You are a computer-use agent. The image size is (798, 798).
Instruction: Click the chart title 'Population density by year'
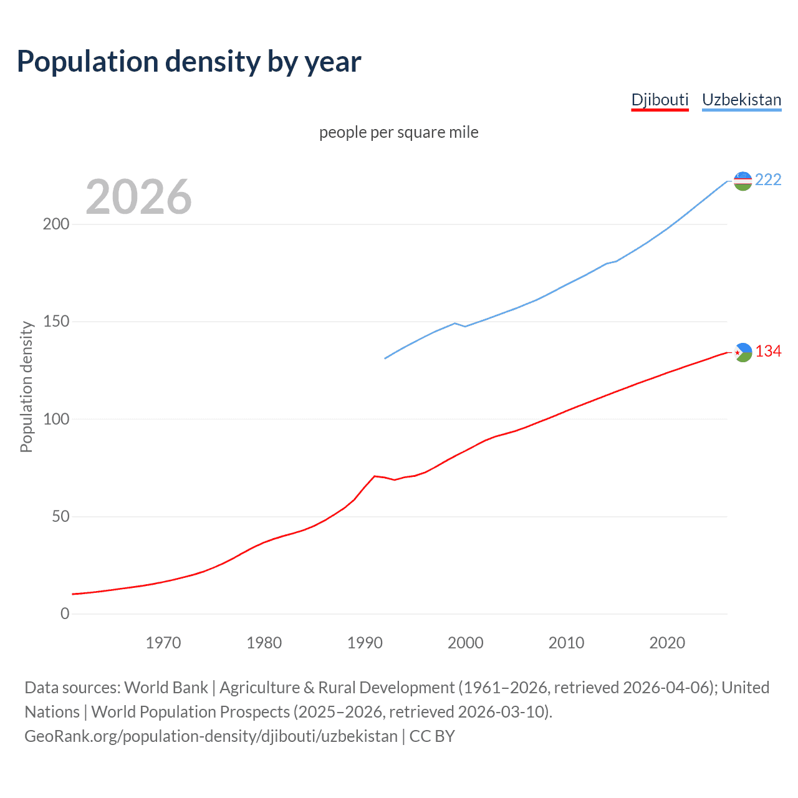click(189, 61)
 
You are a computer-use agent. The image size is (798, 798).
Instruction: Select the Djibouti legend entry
click(660, 100)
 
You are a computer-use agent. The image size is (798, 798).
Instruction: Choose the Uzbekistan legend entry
click(741, 100)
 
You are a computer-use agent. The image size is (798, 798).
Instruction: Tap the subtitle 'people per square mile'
click(399, 132)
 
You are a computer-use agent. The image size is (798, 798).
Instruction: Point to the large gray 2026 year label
click(138, 197)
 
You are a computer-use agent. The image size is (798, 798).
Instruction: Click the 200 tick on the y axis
click(56, 224)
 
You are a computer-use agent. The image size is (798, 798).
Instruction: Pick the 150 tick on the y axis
click(56, 322)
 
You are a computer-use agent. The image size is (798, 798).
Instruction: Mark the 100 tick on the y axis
click(56, 419)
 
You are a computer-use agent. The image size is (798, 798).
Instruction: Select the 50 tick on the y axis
click(60, 517)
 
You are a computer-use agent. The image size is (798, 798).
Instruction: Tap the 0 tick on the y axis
click(65, 614)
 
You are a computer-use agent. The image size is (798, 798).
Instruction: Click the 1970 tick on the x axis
click(163, 643)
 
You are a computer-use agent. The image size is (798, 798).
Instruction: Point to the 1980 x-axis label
click(264, 643)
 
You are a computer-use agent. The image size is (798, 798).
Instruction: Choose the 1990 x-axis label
click(365, 643)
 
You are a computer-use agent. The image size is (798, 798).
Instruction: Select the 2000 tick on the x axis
click(466, 643)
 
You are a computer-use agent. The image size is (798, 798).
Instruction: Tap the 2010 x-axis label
click(566, 643)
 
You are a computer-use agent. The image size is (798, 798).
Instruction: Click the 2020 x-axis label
click(667, 643)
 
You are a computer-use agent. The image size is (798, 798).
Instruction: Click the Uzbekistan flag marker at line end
click(743, 181)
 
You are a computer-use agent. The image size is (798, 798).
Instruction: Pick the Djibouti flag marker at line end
click(743, 352)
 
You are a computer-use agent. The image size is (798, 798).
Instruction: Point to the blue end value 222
click(768, 180)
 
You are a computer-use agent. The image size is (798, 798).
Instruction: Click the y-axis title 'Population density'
click(26, 387)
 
